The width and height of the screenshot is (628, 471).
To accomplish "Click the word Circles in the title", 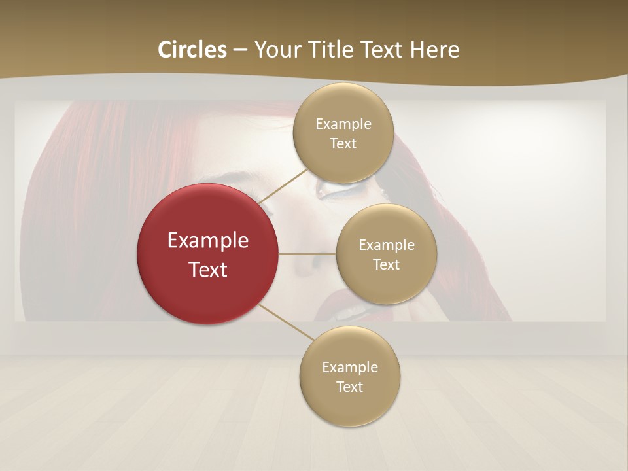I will click(192, 50).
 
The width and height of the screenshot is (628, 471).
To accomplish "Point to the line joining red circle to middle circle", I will click(307, 254).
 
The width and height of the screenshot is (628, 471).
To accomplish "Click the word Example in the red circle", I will click(208, 241).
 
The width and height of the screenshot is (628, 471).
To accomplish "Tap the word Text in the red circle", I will click(208, 270).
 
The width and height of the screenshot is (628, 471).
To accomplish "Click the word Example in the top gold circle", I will click(343, 124).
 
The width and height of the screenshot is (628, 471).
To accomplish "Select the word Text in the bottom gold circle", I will click(349, 387).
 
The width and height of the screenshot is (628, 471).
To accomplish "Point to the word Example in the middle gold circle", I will click(386, 245).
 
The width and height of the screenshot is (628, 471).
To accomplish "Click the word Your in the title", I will click(275, 50).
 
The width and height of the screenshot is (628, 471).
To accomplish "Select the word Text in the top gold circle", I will click(343, 144).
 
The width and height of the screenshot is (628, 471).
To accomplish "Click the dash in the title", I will click(240, 50).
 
